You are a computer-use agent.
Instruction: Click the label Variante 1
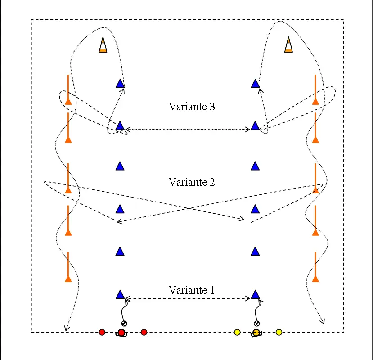(x=192, y=290)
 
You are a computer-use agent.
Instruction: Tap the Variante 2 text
(x=192, y=182)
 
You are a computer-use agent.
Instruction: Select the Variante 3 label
(x=192, y=107)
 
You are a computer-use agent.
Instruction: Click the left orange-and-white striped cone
(x=103, y=45)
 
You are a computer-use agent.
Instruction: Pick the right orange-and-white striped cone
(x=288, y=45)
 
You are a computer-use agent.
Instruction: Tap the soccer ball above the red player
(x=124, y=324)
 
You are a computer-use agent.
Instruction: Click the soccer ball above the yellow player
(x=256, y=324)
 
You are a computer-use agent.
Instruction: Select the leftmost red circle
(x=102, y=332)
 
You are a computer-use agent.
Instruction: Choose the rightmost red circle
(x=144, y=332)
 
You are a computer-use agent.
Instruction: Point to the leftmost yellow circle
(x=237, y=332)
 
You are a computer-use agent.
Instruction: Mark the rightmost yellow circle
(x=279, y=332)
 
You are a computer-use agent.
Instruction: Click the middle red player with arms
(x=121, y=333)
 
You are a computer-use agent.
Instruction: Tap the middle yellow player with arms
(x=256, y=333)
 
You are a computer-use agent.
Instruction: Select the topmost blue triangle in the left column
(x=120, y=84)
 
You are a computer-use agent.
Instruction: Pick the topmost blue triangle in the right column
(x=255, y=84)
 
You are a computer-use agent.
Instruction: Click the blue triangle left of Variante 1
(x=120, y=294)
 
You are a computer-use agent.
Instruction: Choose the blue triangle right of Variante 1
(x=255, y=294)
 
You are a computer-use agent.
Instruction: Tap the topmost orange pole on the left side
(x=68, y=90)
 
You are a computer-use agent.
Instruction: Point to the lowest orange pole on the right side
(x=315, y=267)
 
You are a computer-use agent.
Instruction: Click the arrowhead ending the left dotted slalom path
(x=67, y=329)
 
